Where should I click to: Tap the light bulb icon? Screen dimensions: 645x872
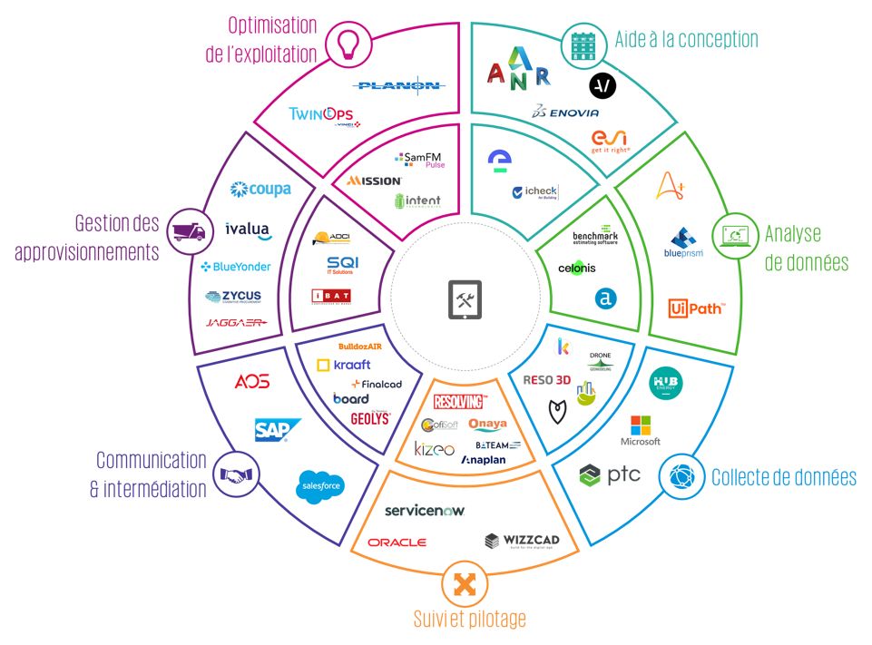pos(347,44)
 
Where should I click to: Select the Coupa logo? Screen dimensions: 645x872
pos(260,189)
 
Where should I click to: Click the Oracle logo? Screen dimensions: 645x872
pos(397,542)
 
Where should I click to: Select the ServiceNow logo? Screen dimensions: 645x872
pos(424,511)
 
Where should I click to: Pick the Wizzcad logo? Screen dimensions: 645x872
pos(521,542)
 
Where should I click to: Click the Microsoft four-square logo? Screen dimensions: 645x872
pos(641,425)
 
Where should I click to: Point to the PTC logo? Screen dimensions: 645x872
pos(611,474)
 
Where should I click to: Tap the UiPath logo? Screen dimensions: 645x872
pos(697,309)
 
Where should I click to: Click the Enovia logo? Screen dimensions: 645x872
pos(566,112)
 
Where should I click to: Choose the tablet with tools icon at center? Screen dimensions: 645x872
pos(464,298)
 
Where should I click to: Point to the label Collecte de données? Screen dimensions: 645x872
pos(784,477)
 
